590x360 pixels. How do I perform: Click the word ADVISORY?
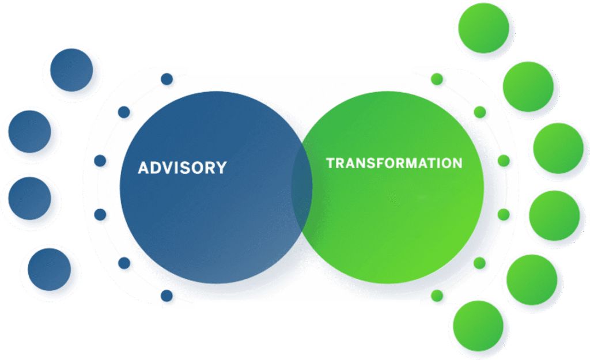click(182, 168)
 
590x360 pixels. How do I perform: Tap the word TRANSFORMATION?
click(394, 163)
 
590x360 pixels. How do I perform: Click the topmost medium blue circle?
click(71, 70)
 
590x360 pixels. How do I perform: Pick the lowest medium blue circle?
click(49, 269)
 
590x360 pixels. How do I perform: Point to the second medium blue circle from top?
click(29, 131)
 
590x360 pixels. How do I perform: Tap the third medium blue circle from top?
click(29, 198)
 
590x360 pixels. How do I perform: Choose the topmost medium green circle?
click(483, 28)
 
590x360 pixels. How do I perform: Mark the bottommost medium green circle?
click(478, 325)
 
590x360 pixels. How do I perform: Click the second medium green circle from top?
click(528, 86)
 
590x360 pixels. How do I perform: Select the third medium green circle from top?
click(558, 148)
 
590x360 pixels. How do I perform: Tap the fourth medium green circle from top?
click(554, 215)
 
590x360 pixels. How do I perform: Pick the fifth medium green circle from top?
click(531, 279)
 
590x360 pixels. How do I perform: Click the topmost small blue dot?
click(167, 79)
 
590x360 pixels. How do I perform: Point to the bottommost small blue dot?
click(167, 295)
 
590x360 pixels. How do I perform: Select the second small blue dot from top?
click(124, 112)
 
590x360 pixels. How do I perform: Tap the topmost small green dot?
click(437, 79)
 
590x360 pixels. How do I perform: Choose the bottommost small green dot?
click(437, 295)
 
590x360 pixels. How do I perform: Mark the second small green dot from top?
click(479, 112)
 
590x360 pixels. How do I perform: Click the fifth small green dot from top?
click(479, 263)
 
